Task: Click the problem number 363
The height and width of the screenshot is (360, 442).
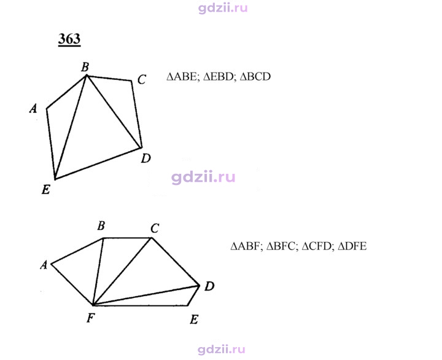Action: pyautogui.click(x=69, y=39)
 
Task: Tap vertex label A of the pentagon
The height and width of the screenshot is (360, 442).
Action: pyautogui.click(x=33, y=108)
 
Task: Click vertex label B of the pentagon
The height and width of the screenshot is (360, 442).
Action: pyautogui.click(x=85, y=67)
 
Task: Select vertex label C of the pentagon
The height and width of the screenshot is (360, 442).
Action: pyautogui.click(x=142, y=79)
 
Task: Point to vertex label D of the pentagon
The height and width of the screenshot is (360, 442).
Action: pyautogui.click(x=146, y=158)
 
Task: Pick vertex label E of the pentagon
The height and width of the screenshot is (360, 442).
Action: pyautogui.click(x=46, y=189)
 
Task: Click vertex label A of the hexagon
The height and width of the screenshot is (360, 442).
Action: pyautogui.click(x=44, y=265)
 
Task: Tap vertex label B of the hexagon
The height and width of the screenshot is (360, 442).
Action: pyautogui.click(x=101, y=225)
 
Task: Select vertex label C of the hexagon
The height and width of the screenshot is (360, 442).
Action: pyautogui.click(x=155, y=228)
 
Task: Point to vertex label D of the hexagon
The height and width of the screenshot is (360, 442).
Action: pyautogui.click(x=209, y=286)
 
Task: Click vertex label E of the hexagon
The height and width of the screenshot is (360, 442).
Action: pyautogui.click(x=194, y=319)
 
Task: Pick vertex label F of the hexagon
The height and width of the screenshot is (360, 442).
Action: pyautogui.click(x=90, y=318)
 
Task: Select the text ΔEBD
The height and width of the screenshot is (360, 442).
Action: pyautogui.click(x=219, y=77)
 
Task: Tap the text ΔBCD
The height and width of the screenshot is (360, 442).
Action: pyautogui.click(x=255, y=77)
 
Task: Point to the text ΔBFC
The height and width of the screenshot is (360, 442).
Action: pyautogui.click(x=282, y=246)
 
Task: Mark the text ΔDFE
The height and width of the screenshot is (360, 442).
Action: pyautogui.click(x=352, y=246)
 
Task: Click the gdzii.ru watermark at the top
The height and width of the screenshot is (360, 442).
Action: pyautogui.click(x=223, y=9)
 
